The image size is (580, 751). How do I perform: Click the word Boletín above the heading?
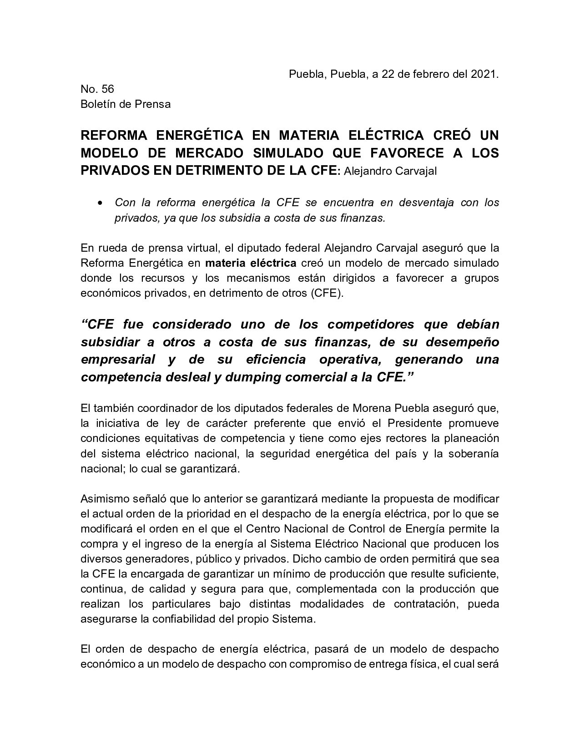[97, 104]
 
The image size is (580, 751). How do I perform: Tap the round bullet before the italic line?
[101, 203]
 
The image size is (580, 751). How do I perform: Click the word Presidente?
[414, 423]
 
